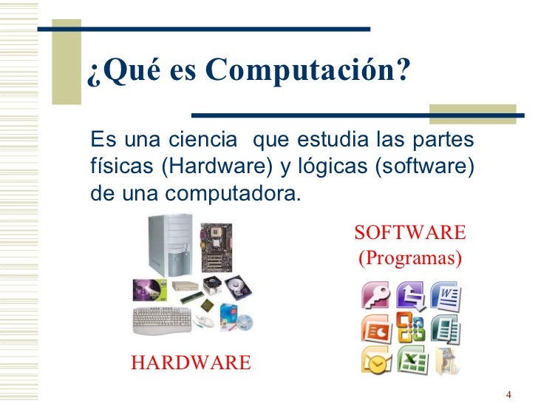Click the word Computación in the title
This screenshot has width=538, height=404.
click(x=306, y=71)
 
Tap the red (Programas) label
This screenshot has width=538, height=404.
click(x=410, y=259)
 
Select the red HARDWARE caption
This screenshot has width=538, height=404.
click(x=191, y=363)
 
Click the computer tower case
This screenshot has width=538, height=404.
click(x=169, y=244)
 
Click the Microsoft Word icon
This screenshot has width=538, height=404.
click(x=447, y=296)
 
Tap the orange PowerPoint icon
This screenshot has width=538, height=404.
click(x=375, y=328)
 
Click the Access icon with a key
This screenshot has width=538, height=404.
click(x=375, y=296)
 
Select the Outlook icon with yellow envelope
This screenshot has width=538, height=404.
click(x=375, y=360)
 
